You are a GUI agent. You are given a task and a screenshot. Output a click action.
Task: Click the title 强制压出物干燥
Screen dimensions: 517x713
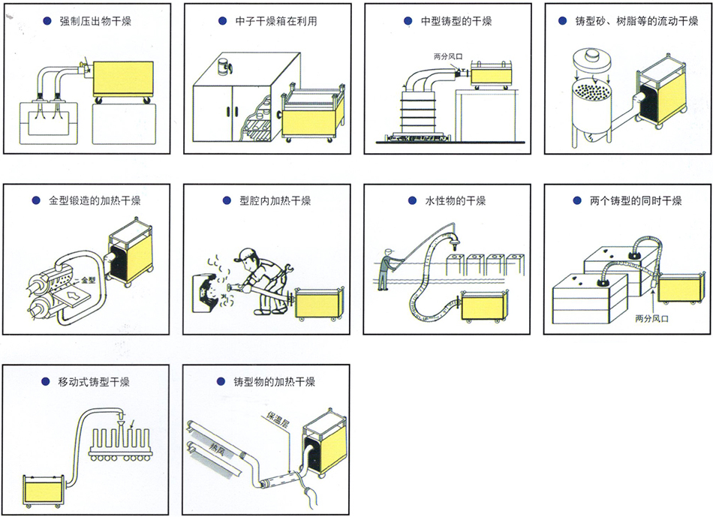click(95, 21)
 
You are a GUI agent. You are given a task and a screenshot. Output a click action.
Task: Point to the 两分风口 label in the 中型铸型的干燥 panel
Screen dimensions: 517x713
click(449, 57)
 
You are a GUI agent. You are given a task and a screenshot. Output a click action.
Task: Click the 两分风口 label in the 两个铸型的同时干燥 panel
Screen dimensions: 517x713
click(651, 318)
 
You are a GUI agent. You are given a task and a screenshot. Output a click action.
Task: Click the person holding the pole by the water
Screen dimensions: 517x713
click(384, 270)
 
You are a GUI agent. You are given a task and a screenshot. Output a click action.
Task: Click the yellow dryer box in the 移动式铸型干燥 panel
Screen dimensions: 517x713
click(46, 491)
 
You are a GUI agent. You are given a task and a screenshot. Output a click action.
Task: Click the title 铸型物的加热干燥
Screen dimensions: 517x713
click(274, 382)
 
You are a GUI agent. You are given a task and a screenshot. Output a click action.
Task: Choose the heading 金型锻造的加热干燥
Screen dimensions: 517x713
click(95, 201)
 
